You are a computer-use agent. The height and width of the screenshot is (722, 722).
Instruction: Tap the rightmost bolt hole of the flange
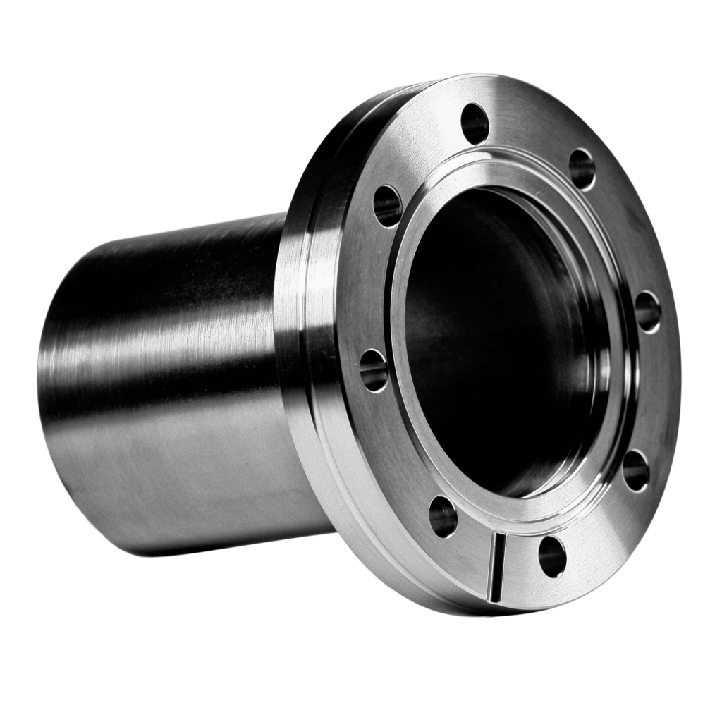click(x=647, y=311)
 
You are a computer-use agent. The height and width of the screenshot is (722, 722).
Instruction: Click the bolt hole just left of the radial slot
click(x=443, y=515)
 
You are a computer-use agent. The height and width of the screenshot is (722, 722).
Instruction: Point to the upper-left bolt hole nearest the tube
click(x=387, y=205)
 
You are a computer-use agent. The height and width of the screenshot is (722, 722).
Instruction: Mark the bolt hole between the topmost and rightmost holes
click(x=582, y=169)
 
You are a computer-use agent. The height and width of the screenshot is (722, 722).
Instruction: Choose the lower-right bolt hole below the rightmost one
click(x=635, y=469)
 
